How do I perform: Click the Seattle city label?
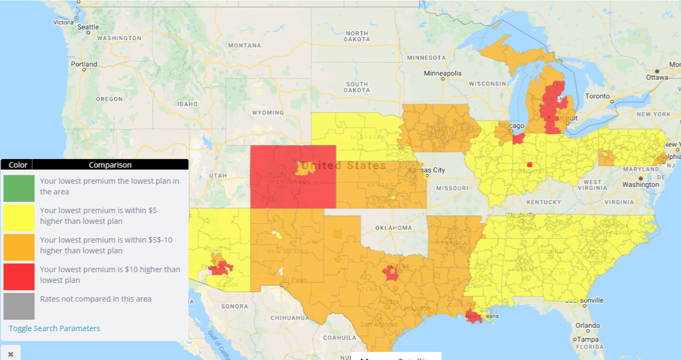tap(88, 27)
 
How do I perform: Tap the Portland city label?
tap(84, 64)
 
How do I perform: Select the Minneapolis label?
tap(443, 73)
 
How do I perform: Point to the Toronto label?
tap(597, 96)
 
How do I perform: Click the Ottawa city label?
tap(657, 77)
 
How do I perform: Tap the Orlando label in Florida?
tap(588, 326)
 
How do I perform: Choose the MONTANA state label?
tap(245, 46)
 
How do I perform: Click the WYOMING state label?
tap(268, 113)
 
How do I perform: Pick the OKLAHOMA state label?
tap(394, 228)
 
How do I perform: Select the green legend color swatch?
tap(19, 188)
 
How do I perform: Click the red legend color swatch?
tap(19, 276)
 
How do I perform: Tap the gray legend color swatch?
tap(19, 306)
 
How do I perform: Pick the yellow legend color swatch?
tap(19, 218)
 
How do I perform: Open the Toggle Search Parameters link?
tap(54, 328)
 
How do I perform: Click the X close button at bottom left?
tap(11, 354)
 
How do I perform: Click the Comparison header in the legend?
tap(110, 165)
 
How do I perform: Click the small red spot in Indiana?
tap(529, 165)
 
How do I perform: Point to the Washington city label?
tap(640, 184)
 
